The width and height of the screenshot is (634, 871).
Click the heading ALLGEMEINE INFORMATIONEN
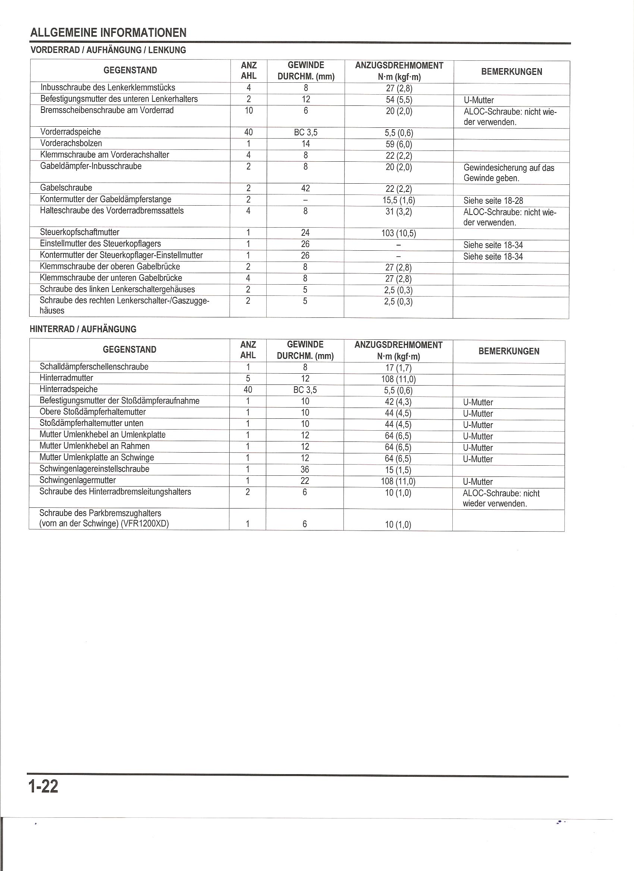click(x=108, y=33)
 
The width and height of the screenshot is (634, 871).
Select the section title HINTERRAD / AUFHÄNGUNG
click(x=83, y=329)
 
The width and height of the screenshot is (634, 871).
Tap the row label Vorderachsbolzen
click(x=71, y=143)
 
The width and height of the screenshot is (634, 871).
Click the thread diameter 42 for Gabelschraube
click(x=306, y=188)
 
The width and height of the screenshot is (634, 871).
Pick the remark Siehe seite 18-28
click(x=493, y=200)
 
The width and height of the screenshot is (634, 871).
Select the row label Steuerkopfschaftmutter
click(x=79, y=232)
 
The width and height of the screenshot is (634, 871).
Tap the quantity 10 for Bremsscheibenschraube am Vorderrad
click(x=248, y=111)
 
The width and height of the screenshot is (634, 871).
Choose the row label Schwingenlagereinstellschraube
click(x=94, y=469)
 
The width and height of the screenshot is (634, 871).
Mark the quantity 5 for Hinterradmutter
click(x=248, y=378)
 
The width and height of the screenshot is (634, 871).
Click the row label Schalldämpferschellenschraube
click(x=94, y=367)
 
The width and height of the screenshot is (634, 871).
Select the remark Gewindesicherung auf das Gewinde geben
click(x=509, y=173)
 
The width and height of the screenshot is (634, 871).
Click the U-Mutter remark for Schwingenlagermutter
click(x=478, y=482)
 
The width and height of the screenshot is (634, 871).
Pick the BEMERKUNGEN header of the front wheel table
click(x=511, y=72)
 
